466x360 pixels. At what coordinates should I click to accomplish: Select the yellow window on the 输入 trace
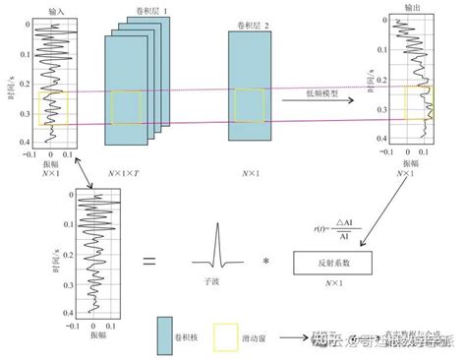click(52, 108)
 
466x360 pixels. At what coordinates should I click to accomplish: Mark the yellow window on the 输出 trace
click(416, 102)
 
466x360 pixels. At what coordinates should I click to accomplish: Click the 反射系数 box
click(335, 263)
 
